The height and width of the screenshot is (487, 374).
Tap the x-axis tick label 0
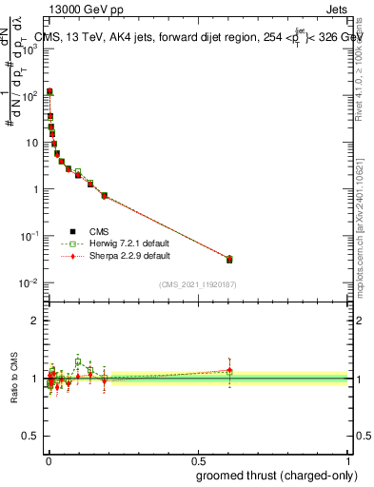[x=49, y=459]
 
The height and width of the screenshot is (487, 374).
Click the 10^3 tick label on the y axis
[x=28, y=49]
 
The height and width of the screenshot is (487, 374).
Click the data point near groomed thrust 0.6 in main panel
[x=229, y=259]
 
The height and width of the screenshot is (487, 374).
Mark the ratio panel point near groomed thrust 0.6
[x=229, y=371]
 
